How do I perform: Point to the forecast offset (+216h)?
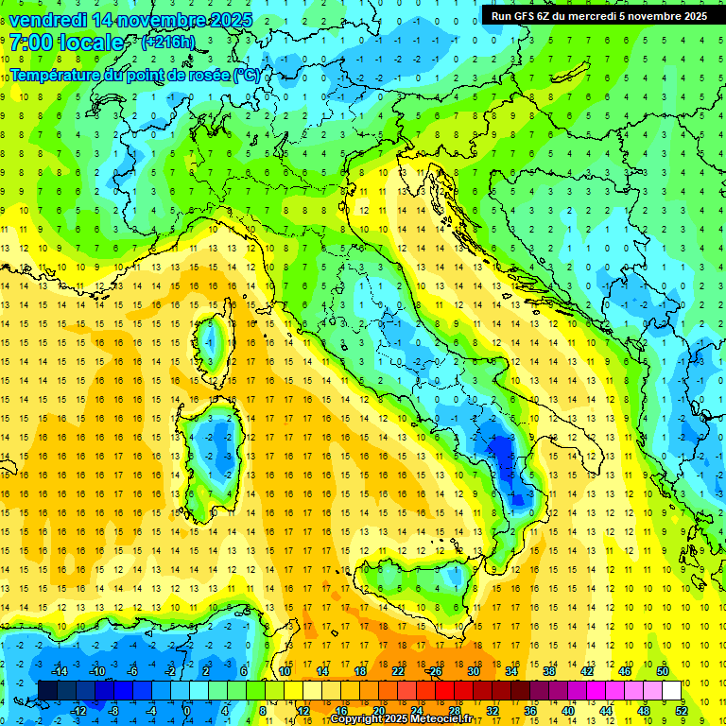(x=167, y=43)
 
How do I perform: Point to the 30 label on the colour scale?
(x=473, y=671)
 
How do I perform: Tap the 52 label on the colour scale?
(x=682, y=710)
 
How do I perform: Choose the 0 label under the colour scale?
(x=187, y=710)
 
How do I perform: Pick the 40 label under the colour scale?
(x=567, y=710)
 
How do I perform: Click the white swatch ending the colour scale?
(x=671, y=690)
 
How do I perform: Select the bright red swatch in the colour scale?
(x=444, y=690)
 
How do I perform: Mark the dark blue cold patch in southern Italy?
(x=503, y=444)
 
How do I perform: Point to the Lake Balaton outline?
(x=570, y=75)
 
